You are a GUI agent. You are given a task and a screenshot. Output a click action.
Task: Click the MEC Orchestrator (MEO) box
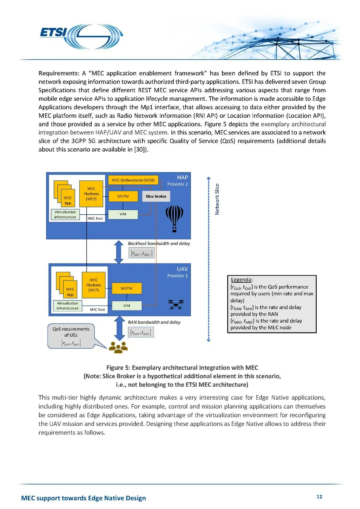coord(133,180)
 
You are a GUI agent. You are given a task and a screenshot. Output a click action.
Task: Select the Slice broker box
coord(156,196)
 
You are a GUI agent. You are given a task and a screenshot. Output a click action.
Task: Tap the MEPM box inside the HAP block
coord(123,196)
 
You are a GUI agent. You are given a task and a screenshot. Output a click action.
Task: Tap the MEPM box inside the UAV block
coord(127,288)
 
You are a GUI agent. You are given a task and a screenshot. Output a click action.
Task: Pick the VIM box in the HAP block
coord(123,214)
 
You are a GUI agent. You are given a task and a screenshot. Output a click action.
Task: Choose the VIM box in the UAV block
coord(127,306)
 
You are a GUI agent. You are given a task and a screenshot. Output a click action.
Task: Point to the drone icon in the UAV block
coord(176,304)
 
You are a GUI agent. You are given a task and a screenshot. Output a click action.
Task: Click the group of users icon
coord(118,347)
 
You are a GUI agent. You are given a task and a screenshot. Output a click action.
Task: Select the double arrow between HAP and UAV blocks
coord(119,252)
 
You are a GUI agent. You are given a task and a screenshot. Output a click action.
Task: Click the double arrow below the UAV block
coord(119,328)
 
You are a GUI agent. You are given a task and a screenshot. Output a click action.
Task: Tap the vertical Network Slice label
coord(217,199)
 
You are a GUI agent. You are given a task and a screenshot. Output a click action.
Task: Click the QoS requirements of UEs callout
coord(71,336)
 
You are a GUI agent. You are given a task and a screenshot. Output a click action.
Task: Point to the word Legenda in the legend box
coord(242,280)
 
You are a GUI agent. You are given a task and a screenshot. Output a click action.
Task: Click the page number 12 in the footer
coord(319,497)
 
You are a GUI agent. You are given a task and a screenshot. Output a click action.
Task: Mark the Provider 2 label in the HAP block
coord(177,184)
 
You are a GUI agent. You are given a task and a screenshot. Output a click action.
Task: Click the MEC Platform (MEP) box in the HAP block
coord(91,194)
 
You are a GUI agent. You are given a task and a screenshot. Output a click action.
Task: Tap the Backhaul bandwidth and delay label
coord(159,244)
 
